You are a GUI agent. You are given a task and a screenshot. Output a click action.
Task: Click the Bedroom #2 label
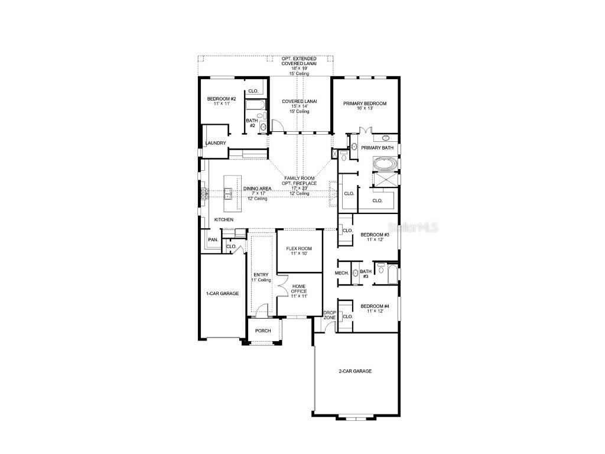coord(222,99)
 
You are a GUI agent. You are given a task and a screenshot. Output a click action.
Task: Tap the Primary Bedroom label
coord(365,103)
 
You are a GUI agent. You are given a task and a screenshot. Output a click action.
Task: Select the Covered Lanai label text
coord(300,101)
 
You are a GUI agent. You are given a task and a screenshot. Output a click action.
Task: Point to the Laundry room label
coord(216,143)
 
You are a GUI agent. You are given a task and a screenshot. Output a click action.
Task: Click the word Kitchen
coord(224,220)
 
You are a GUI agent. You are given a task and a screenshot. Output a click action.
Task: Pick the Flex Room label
coord(299,248)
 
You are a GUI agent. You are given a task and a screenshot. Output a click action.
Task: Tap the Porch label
coord(263,330)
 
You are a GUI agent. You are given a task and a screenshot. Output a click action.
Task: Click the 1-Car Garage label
coord(222,293)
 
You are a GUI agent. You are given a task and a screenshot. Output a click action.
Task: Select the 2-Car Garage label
coord(355,371)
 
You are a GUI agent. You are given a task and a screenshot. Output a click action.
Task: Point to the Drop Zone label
coord(330,314)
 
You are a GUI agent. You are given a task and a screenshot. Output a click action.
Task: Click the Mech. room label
coord(341,273)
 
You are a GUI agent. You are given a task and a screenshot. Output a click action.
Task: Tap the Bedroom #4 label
coord(375,305)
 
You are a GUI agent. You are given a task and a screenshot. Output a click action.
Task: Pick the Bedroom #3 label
coord(375,235)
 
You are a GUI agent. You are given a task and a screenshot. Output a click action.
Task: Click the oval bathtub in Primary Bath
coord(385,163)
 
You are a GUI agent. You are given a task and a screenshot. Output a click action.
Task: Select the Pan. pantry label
coord(213,239)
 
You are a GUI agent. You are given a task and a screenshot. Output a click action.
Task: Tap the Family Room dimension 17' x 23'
coord(300,189)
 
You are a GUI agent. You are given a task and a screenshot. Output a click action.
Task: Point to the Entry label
coord(261,274)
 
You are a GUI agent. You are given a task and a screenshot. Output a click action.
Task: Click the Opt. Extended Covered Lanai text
coord(300,62)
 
